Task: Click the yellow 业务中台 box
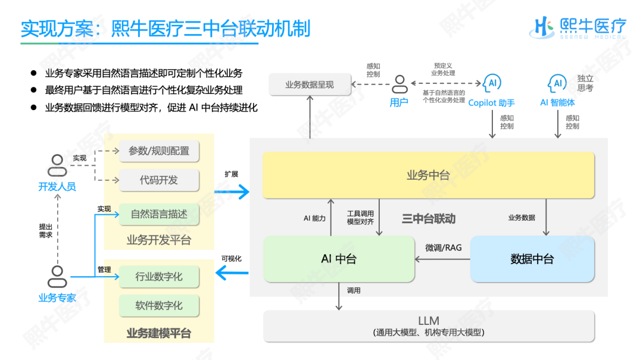click(x=428, y=175)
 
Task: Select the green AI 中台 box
click(x=339, y=259)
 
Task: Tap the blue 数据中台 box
click(x=532, y=259)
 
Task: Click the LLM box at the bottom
click(x=429, y=326)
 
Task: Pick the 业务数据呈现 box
click(x=309, y=84)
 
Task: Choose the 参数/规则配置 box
click(x=159, y=151)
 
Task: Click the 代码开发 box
click(x=159, y=180)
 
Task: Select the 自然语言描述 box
click(x=159, y=214)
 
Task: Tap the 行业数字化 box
click(x=159, y=277)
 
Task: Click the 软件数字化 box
click(x=159, y=305)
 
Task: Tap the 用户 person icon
click(x=399, y=84)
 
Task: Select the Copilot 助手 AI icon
click(x=492, y=83)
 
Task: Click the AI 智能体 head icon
click(x=557, y=83)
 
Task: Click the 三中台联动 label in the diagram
click(x=429, y=218)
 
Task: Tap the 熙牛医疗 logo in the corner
click(x=578, y=27)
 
